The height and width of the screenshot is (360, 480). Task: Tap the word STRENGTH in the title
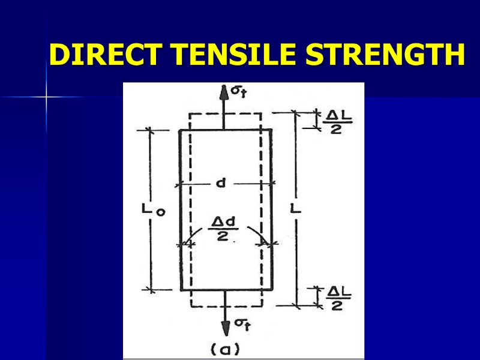click(x=383, y=55)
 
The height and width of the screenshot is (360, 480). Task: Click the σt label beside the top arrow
click(x=238, y=91)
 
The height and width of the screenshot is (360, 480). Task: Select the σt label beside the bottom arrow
click(x=242, y=325)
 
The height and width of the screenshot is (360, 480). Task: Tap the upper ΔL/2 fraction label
click(x=337, y=122)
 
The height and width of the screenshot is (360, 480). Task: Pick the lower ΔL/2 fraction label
click(x=338, y=298)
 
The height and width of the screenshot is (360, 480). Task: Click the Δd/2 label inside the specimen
click(x=224, y=229)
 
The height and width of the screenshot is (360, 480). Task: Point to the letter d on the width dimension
click(x=220, y=184)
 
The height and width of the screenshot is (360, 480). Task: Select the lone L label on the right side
click(x=296, y=209)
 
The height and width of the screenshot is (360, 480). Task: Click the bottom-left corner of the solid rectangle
click(x=180, y=290)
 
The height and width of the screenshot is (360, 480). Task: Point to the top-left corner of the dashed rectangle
click(x=190, y=113)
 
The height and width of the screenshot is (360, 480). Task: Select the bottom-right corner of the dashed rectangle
click(x=260, y=307)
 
